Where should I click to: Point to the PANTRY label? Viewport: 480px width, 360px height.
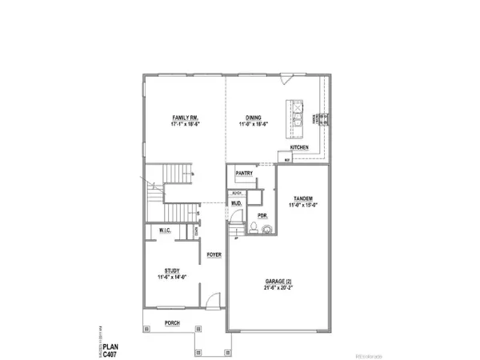pos(246,172)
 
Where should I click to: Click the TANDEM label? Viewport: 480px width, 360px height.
pos(302,198)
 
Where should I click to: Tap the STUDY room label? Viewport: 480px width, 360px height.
pos(171,270)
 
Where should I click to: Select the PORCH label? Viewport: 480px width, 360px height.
pos(171,323)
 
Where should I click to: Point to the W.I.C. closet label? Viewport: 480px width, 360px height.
pos(167,231)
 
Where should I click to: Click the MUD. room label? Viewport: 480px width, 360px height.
pos(237,204)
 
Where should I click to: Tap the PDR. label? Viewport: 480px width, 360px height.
pos(262,215)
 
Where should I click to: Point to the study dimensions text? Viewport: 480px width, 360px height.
pos(171,278)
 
